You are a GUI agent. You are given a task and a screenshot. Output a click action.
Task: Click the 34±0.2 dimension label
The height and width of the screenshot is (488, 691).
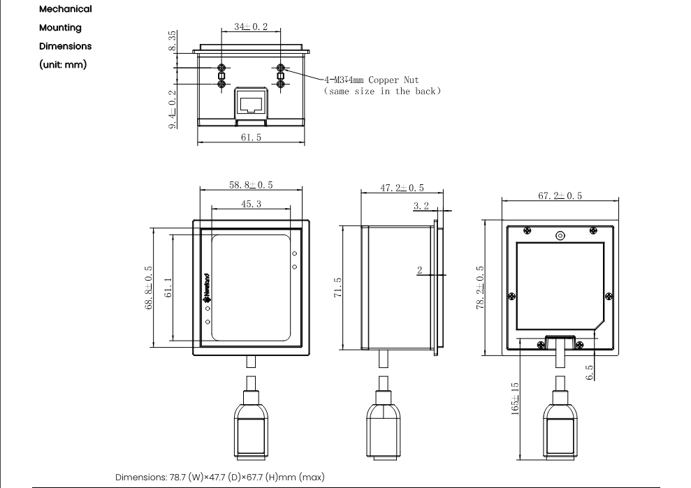[251, 27]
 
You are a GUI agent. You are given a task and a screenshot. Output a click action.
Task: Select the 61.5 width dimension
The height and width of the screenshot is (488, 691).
[251, 138]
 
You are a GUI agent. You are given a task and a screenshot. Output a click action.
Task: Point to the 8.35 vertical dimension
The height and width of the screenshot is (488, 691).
[173, 40]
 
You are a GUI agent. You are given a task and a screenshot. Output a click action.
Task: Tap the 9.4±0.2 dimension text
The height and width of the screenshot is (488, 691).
[173, 110]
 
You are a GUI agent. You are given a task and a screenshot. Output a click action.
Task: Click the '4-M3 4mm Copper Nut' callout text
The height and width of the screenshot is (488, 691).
[372, 80]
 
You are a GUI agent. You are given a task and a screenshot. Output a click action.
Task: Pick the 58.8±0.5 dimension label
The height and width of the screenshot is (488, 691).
[251, 185]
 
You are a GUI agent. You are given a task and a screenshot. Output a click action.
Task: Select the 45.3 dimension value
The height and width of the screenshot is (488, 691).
[252, 204]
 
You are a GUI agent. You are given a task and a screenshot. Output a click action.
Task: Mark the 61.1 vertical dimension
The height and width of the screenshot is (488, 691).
[168, 288]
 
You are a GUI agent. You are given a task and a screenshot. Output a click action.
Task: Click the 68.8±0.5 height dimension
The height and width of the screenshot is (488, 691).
[149, 288]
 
